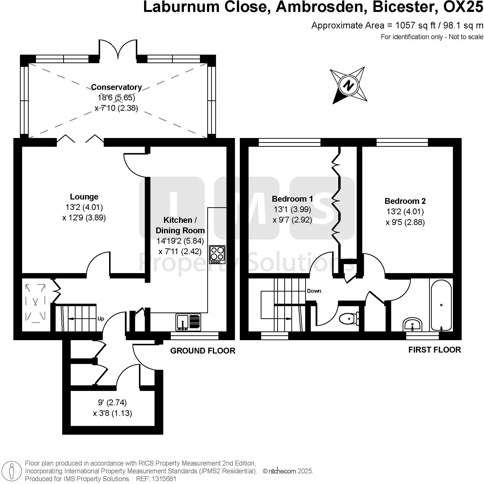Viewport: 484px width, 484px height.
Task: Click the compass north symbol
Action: [x=348, y=86]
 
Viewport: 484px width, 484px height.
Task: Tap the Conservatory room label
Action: [x=116, y=87]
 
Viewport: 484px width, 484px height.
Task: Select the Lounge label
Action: [x=84, y=197]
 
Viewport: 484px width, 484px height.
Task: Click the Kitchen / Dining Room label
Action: [x=180, y=225]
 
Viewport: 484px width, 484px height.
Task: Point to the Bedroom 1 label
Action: [x=292, y=199]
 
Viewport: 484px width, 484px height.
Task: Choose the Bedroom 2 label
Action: [x=405, y=201]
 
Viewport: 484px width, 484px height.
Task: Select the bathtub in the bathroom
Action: [x=441, y=305]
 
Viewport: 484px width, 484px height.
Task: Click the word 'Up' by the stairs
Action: [x=101, y=319]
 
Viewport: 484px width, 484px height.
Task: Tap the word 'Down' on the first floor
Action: [x=314, y=291]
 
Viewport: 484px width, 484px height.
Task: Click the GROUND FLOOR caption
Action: [x=203, y=351]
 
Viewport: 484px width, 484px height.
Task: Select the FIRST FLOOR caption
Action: [x=435, y=350]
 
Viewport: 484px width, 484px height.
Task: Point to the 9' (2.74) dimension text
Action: [x=112, y=403]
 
